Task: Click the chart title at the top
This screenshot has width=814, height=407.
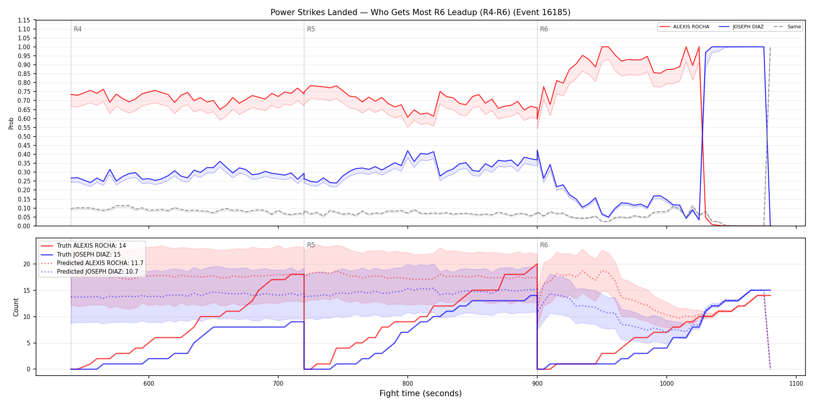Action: click(x=421, y=12)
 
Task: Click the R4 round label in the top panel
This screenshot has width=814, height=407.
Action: click(x=78, y=29)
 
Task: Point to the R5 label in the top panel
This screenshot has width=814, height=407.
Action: click(x=311, y=29)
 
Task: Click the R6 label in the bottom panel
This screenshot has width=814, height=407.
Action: click(x=544, y=245)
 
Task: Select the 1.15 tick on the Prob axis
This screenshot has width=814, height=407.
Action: click(x=24, y=20)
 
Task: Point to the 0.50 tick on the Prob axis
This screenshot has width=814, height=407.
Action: click(x=24, y=136)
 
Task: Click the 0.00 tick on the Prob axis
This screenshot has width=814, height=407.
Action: click(x=24, y=226)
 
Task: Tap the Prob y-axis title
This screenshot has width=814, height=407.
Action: click(x=11, y=123)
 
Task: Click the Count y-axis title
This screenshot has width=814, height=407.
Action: click(x=16, y=307)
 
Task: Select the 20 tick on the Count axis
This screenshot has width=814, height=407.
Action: click(x=27, y=264)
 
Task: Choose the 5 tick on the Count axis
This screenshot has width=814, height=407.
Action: click(x=28, y=343)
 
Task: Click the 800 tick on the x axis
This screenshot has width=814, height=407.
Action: click(x=408, y=383)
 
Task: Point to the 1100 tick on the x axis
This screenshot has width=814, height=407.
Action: click(x=796, y=383)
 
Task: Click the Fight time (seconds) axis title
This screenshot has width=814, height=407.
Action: click(x=421, y=393)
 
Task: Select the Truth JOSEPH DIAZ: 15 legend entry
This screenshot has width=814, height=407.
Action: click(x=89, y=254)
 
